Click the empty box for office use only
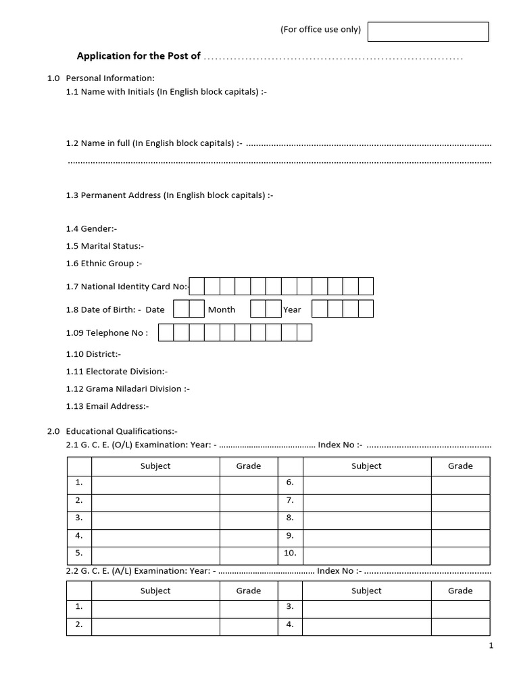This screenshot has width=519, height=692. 428,31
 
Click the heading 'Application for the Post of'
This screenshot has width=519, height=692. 139,56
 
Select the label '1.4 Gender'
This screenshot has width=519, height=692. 91,229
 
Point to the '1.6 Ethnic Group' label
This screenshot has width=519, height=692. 104,264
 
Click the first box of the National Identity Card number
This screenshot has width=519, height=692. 197,287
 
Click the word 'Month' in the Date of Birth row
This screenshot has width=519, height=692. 222,310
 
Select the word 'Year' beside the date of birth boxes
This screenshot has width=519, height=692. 292,310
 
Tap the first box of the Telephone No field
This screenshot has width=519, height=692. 165,332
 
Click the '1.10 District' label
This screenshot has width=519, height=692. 93,354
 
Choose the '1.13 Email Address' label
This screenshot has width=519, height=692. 107,406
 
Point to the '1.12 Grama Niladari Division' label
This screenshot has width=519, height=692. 128,389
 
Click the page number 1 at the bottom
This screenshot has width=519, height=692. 491,646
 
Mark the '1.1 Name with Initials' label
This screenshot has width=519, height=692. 166,92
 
